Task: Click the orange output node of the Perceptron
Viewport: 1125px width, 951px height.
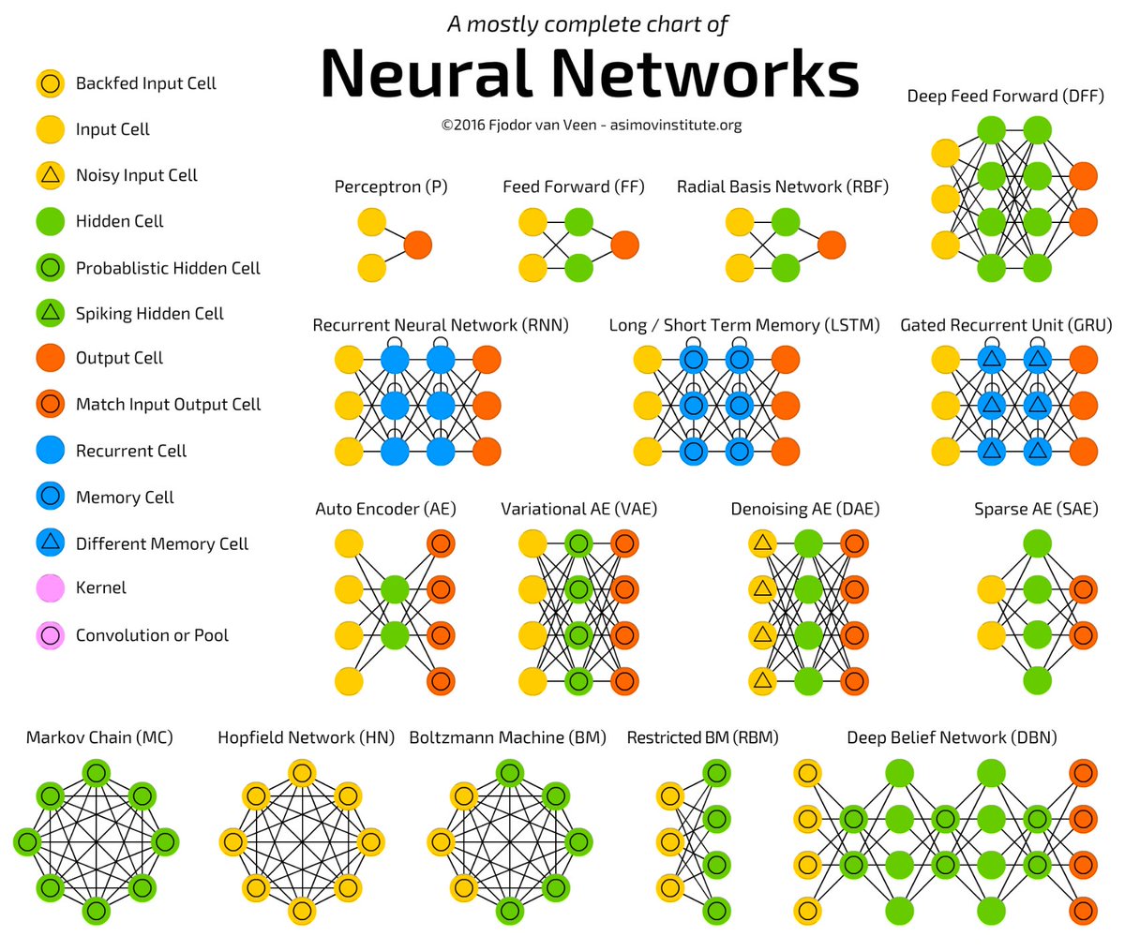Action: coord(417,245)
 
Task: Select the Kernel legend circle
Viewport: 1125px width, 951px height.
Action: coord(51,588)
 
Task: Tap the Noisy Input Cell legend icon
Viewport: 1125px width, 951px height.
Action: coord(51,175)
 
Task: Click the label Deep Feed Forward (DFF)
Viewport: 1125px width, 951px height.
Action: coord(1005,97)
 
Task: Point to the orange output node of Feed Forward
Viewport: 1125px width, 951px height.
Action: coord(624,245)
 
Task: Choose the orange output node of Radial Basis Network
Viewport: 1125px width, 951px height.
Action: coord(832,245)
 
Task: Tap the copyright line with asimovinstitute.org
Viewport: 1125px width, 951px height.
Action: coord(592,125)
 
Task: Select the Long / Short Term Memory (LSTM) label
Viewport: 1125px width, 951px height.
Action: coord(744,325)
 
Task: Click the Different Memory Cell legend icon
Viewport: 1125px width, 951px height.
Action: coord(51,542)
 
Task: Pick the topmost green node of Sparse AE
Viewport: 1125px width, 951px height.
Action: coord(1037,543)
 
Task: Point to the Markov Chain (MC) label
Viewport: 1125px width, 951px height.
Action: coord(99,737)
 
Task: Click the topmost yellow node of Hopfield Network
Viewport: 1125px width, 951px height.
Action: coord(301,773)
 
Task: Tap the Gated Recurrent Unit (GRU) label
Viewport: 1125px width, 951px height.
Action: coord(1006,325)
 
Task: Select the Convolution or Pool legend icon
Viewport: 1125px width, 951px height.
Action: coord(51,635)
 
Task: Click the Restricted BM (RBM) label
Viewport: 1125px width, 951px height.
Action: coord(702,737)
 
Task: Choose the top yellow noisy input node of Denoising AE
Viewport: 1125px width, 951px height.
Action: coord(763,543)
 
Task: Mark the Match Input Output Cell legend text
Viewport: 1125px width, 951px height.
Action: coord(168,405)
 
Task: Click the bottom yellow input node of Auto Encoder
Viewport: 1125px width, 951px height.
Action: coord(349,681)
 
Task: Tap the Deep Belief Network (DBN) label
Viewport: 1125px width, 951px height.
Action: coord(952,737)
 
